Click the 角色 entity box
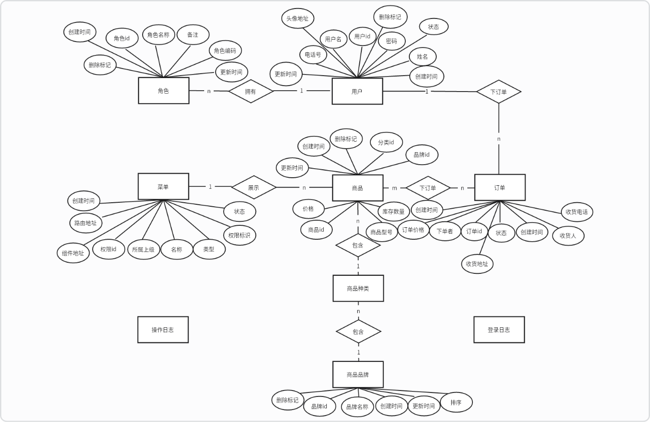coord(164,91)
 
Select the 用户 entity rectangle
coord(357,91)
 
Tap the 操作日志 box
coord(163,329)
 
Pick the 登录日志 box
coord(499,329)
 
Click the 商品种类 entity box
coord(358,288)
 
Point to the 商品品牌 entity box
coord(358,374)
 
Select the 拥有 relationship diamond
coord(251,91)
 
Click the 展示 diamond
coord(254,187)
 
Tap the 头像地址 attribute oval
coord(297,19)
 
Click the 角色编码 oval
coord(225,51)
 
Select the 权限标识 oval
coord(239,235)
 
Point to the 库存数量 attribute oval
coord(393,211)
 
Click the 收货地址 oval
coord(477,264)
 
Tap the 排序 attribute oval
coord(456,401)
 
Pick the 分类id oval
coord(386,143)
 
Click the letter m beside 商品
coord(394,188)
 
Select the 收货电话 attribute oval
coord(576,212)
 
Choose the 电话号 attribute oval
coord(313,55)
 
